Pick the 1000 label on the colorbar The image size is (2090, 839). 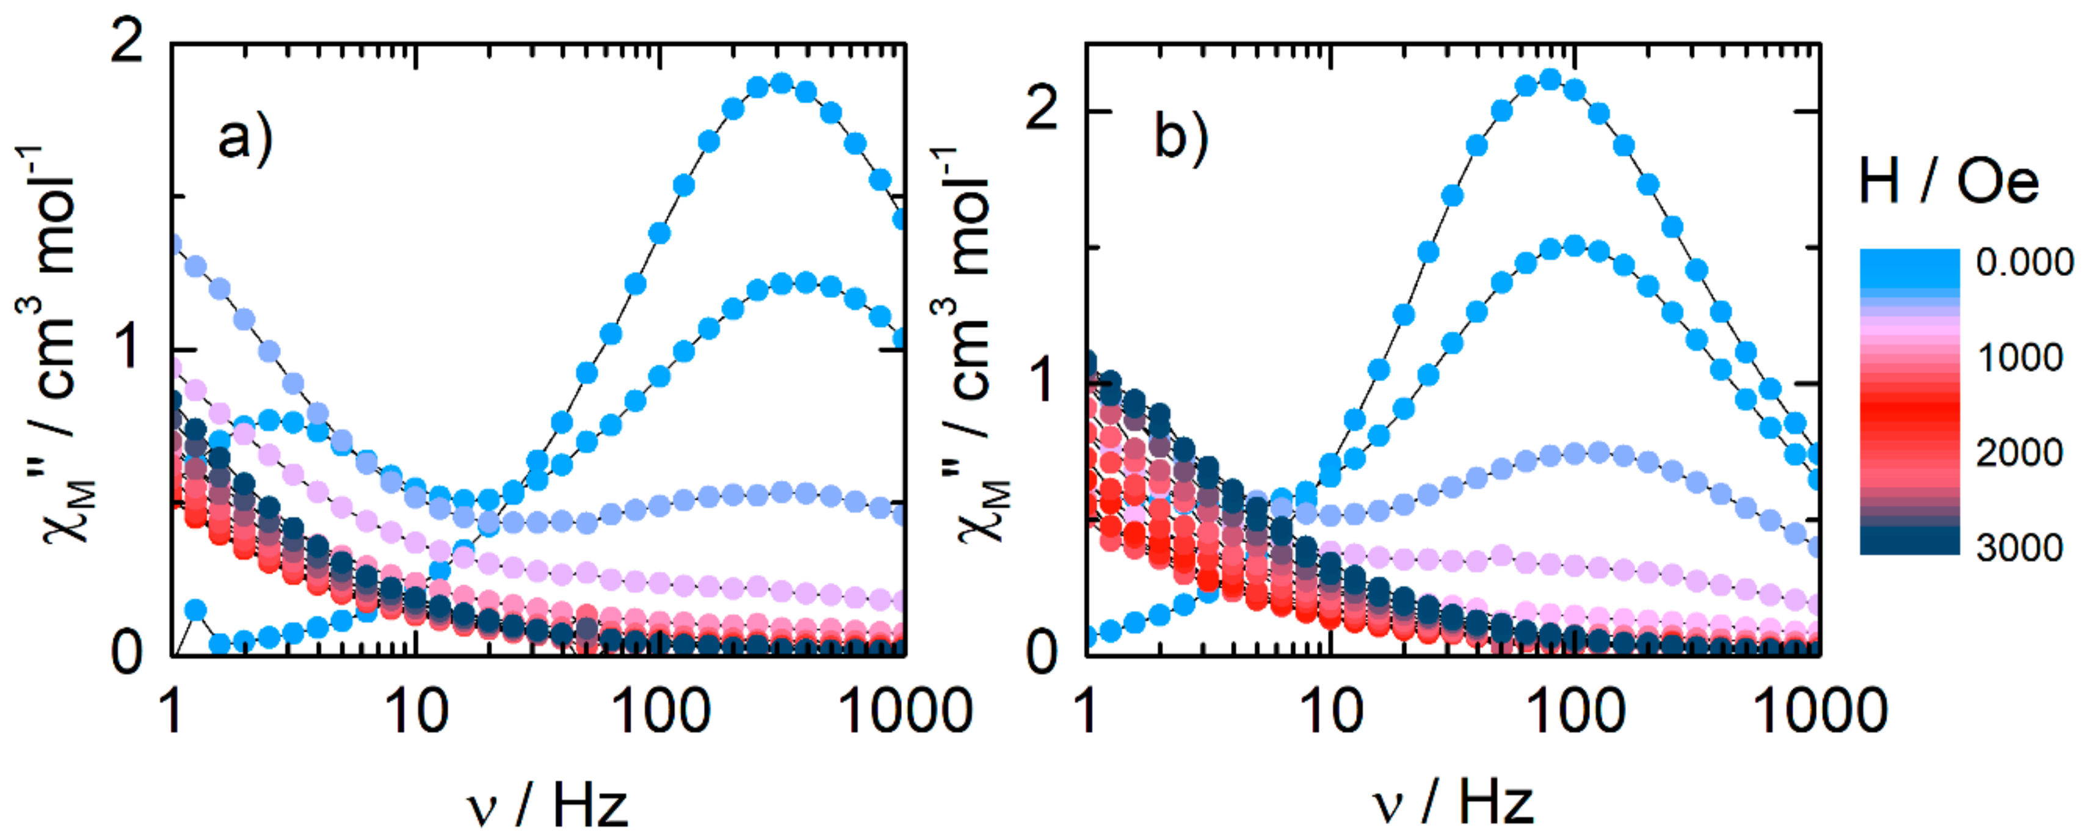pos(2019,357)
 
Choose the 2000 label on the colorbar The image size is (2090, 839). pos(2019,452)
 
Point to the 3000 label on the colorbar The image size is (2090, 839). pos(2019,548)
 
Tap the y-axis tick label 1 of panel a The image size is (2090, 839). pos(128,347)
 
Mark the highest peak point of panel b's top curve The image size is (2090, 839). pos(1550,79)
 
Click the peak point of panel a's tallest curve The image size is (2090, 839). pos(780,83)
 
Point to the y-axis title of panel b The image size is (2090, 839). pos(970,345)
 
